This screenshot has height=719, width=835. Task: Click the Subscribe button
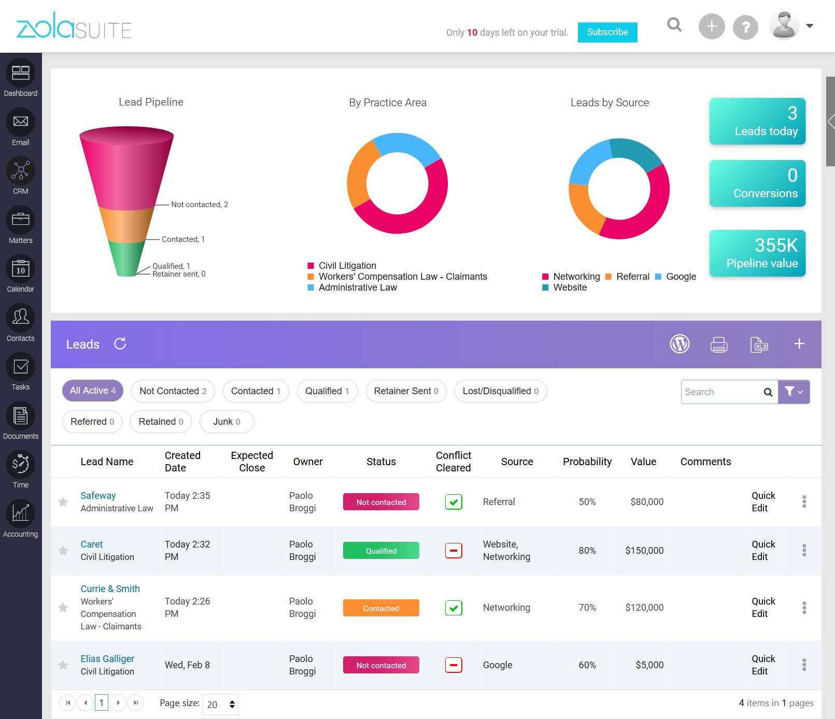(607, 32)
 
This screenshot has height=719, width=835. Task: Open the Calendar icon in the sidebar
(21, 269)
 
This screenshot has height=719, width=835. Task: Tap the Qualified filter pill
(327, 391)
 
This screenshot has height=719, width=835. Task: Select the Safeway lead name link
(98, 496)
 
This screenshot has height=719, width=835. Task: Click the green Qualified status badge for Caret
(381, 551)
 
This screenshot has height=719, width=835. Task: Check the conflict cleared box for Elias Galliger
(454, 665)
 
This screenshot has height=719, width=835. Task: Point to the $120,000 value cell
(644, 608)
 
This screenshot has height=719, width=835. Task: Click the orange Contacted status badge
(381, 608)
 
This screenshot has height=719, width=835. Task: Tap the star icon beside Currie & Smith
(63, 608)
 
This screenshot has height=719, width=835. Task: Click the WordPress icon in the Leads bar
(680, 344)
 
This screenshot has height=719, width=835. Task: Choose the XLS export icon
(759, 344)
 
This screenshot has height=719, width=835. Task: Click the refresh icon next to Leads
(120, 344)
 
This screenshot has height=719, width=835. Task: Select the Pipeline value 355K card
(757, 253)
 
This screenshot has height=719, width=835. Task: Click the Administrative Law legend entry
(357, 287)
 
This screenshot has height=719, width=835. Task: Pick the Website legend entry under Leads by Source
(570, 287)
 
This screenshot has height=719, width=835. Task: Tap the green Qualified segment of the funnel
(126, 258)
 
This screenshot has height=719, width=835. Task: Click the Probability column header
(587, 462)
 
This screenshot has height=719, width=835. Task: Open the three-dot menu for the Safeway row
(804, 501)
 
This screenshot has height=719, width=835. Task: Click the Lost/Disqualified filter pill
(500, 391)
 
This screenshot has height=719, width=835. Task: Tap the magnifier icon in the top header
(674, 25)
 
